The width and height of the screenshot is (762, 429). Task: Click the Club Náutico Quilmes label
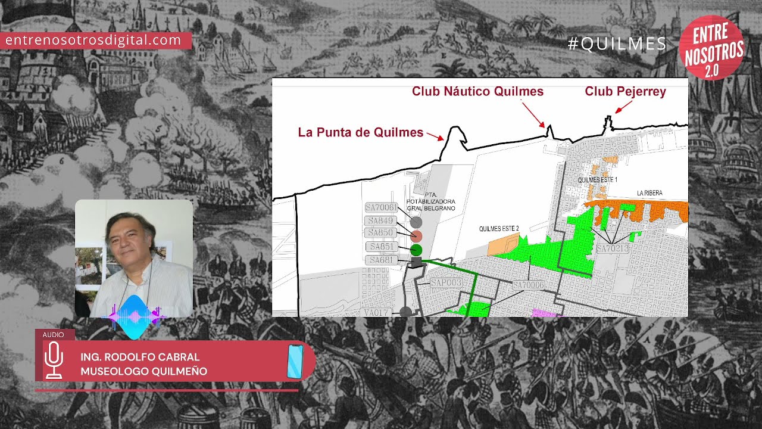pyautogui.click(x=477, y=91)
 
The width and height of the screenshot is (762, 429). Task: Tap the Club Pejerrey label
pyautogui.click(x=625, y=91)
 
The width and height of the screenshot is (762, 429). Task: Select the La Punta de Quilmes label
pyautogui.click(x=360, y=132)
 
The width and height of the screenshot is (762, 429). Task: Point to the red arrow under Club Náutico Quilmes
pyautogui.click(x=533, y=114)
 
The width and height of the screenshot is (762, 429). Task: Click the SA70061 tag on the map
pyautogui.click(x=381, y=207)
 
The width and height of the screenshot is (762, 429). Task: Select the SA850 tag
pyautogui.click(x=381, y=232)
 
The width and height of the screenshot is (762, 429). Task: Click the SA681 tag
pyautogui.click(x=381, y=260)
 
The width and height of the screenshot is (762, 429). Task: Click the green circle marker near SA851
pyautogui.click(x=416, y=250)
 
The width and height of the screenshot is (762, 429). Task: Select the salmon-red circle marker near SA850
pyautogui.click(x=416, y=235)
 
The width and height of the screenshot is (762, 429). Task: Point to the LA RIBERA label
pyautogui.click(x=649, y=193)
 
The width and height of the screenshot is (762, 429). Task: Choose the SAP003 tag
pyautogui.click(x=446, y=282)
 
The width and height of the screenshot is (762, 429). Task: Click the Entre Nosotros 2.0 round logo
pyautogui.click(x=711, y=48)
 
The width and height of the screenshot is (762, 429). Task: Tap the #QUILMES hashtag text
pyautogui.click(x=617, y=43)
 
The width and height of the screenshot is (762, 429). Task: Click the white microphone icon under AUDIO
pyautogui.click(x=54, y=359)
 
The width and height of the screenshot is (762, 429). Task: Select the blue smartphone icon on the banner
pyautogui.click(x=295, y=360)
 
